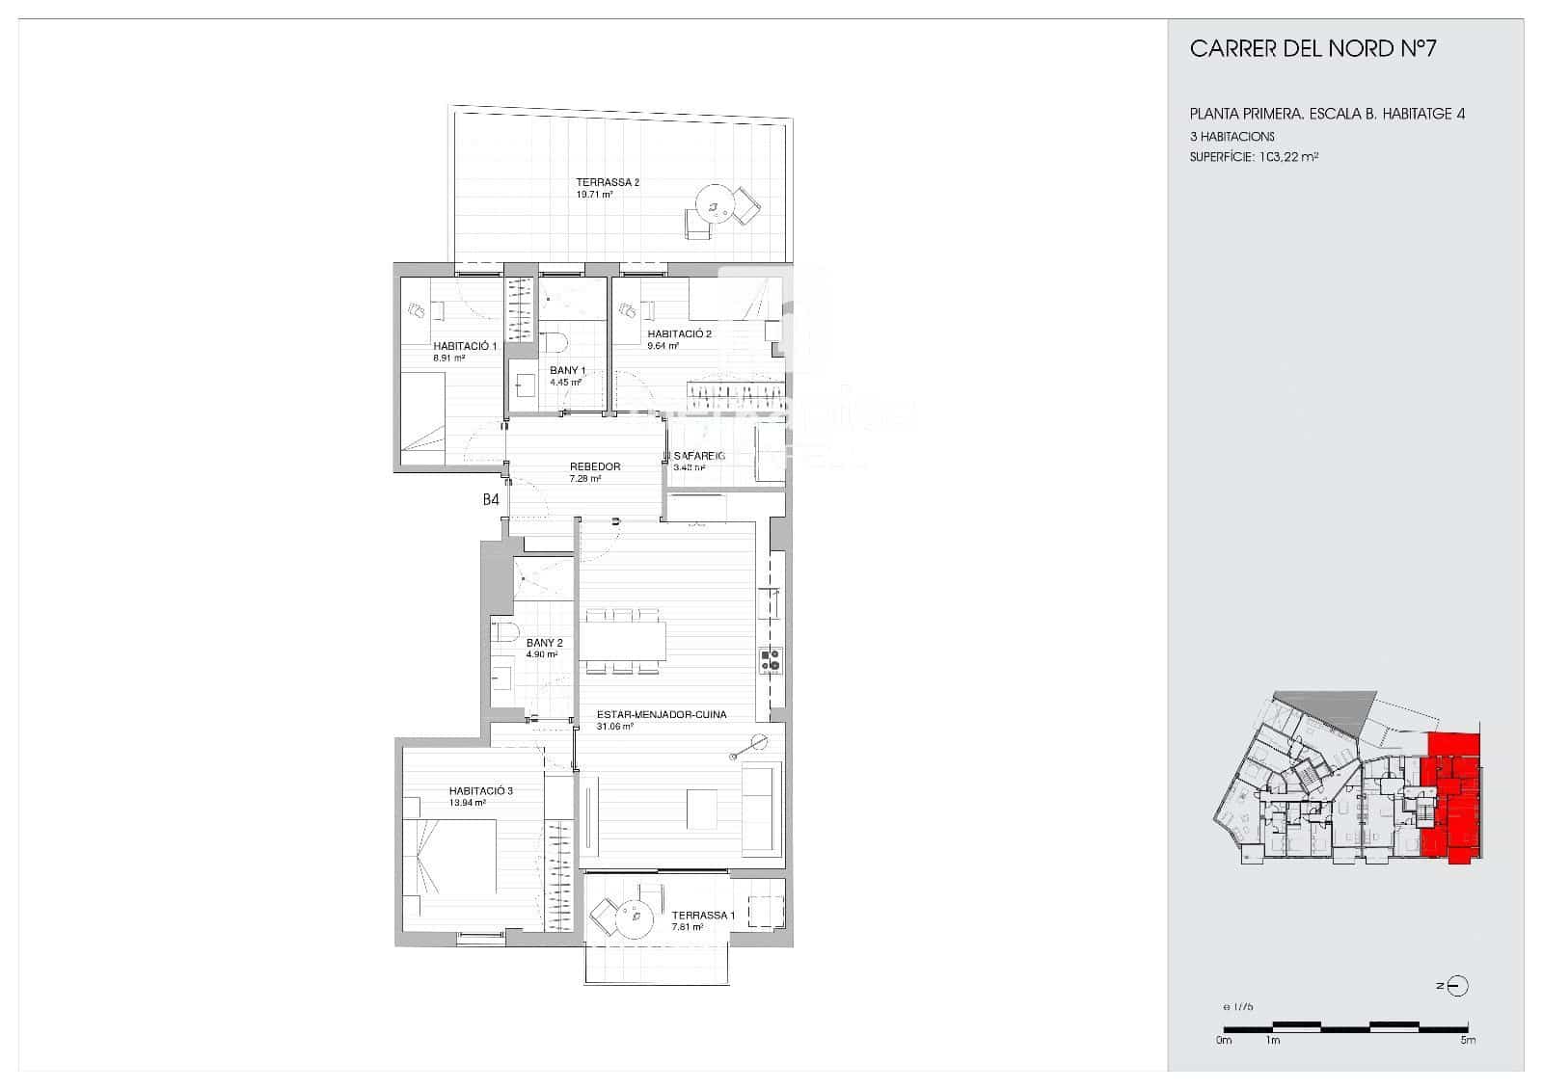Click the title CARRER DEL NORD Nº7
1313,49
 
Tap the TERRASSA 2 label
608,182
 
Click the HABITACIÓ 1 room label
464,346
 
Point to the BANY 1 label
567,370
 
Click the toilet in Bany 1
554,341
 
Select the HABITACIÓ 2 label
679,334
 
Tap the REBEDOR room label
594,466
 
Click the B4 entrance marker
491,499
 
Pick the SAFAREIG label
698,456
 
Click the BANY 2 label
544,643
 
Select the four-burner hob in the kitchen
771,660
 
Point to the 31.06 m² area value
614,727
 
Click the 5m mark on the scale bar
1467,1040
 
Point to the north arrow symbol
1457,986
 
